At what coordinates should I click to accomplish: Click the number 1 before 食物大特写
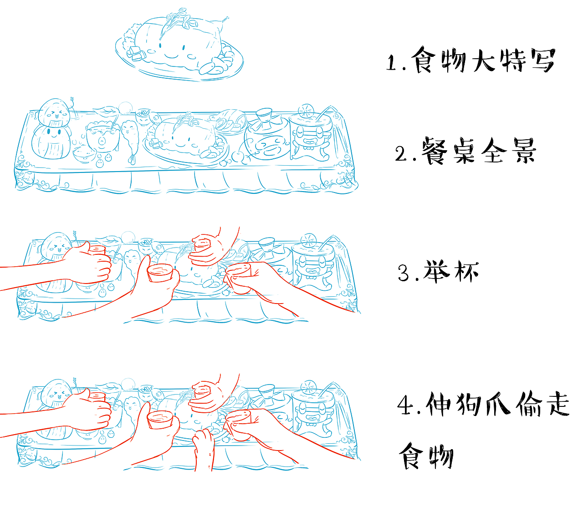(x=391, y=63)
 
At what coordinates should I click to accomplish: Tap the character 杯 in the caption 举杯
(x=465, y=272)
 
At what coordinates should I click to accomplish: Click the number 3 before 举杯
(x=404, y=274)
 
